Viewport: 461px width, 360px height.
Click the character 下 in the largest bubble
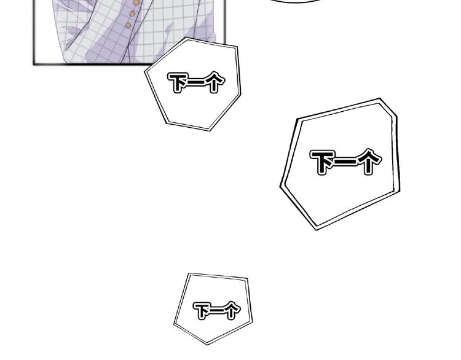point(323,162)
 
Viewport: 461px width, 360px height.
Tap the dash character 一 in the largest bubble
point(346,161)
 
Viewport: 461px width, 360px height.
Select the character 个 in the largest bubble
point(368,161)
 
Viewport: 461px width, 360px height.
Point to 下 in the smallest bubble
point(203,311)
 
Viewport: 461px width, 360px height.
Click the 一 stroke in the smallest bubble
point(219,310)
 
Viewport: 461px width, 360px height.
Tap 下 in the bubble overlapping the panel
point(178,83)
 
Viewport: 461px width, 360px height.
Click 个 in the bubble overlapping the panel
point(214,82)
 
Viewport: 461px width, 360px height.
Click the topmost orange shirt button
point(136,2)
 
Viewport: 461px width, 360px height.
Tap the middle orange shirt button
point(132,14)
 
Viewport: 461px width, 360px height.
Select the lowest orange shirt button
point(128,25)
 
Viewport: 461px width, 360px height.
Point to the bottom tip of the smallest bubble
point(207,344)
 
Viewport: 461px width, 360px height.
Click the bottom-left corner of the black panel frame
point(34,63)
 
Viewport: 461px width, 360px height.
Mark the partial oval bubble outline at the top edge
point(296,1)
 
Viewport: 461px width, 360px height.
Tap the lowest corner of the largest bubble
point(316,230)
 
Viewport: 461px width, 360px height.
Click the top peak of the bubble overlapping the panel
point(186,37)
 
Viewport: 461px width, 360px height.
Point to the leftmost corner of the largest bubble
point(280,186)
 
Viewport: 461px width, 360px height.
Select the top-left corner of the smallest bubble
point(189,273)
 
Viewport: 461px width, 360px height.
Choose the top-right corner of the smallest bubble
point(247,278)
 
